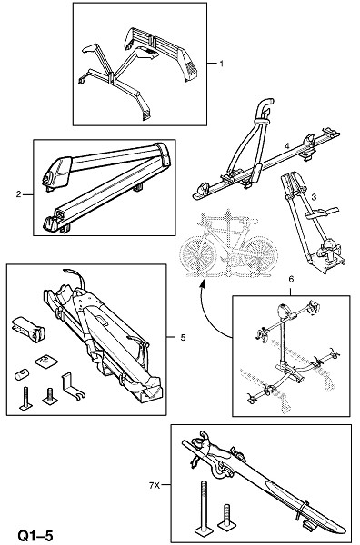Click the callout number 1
pyautogui.click(x=221, y=64)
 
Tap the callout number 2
pyautogui.click(x=18, y=194)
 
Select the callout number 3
pyautogui.click(x=314, y=197)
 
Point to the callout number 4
pyautogui.click(x=287, y=146)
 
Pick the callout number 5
pyautogui.click(x=183, y=337)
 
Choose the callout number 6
pyautogui.click(x=291, y=279)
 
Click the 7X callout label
pyautogui.click(x=154, y=486)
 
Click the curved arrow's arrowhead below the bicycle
pyautogui.click(x=202, y=284)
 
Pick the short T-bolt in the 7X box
pyautogui.click(x=226, y=517)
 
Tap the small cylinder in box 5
pyautogui.click(x=22, y=374)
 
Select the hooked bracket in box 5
pyautogui.click(x=73, y=386)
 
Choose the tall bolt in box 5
pyautogui.click(x=26, y=399)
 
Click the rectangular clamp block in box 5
pyautogui.click(x=28, y=329)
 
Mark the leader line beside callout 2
pyautogui.click(x=28, y=194)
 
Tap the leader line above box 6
pyautogui.click(x=291, y=290)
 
